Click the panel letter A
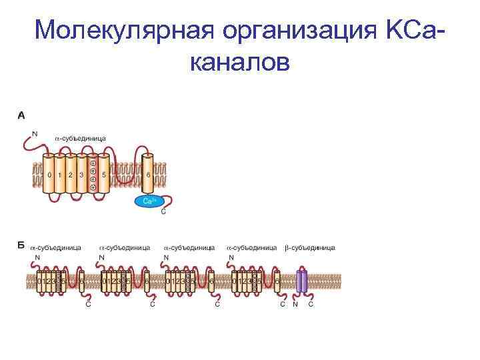[21, 115]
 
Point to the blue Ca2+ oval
[148, 200]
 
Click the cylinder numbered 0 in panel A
[49, 175]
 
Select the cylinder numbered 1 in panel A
[60, 175]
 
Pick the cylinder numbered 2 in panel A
[71, 175]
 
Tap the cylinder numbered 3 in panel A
[81, 175]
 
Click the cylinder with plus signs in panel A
[93, 175]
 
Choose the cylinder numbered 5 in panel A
[104, 175]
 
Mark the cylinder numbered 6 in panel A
[147, 175]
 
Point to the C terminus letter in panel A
[164, 213]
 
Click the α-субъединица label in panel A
[80, 138]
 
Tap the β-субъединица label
[310, 247]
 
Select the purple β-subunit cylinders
[302, 281]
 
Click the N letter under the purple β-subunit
[295, 305]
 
